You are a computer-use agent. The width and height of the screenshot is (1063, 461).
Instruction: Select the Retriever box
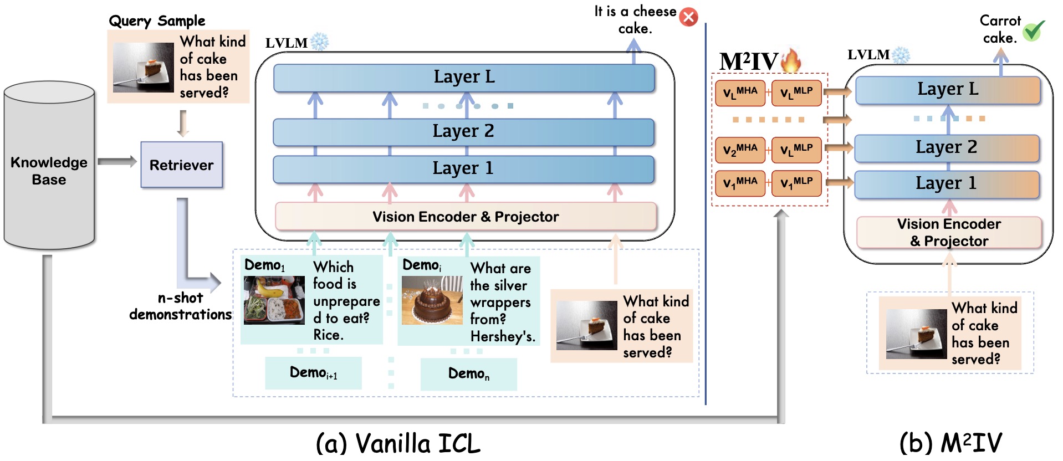pyautogui.click(x=181, y=165)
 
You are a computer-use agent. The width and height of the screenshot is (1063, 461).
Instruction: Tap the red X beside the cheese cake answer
pyautogui.click(x=689, y=17)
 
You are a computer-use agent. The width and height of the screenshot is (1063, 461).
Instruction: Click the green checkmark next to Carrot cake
pyautogui.click(x=1033, y=31)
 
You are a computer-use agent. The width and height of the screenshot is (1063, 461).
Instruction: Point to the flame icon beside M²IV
pyautogui.click(x=791, y=60)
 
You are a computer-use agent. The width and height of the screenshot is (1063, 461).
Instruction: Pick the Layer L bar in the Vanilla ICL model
pyautogui.click(x=464, y=78)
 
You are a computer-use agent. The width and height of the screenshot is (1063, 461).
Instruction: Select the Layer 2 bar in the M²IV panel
pyautogui.click(x=947, y=148)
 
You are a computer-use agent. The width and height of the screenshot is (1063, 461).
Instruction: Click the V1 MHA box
pyautogui.click(x=740, y=183)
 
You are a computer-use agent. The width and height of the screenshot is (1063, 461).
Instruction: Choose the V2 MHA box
pyautogui.click(x=740, y=150)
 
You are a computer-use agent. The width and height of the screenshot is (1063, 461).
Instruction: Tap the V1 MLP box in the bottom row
pyautogui.click(x=796, y=183)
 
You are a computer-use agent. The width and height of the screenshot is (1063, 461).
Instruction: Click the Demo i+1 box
pyautogui.click(x=313, y=373)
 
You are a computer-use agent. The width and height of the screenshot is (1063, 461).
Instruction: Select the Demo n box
pyautogui.click(x=468, y=374)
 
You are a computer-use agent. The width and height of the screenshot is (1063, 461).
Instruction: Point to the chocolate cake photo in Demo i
pyautogui.click(x=432, y=300)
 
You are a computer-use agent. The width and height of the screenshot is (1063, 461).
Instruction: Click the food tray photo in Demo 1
pyautogui.click(x=274, y=300)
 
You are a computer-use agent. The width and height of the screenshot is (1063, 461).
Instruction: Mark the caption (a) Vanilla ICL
pyautogui.click(x=397, y=443)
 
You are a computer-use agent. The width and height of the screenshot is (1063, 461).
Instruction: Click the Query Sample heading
pyautogui.click(x=157, y=21)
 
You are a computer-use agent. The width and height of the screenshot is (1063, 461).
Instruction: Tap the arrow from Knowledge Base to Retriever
pyautogui.click(x=117, y=162)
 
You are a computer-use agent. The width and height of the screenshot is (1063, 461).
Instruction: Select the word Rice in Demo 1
pyautogui.click(x=328, y=335)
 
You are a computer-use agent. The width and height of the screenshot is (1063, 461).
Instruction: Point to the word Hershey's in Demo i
pyautogui.click(x=502, y=336)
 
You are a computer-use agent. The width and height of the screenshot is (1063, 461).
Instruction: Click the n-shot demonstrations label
pyautogui.click(x=180, y=306)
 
